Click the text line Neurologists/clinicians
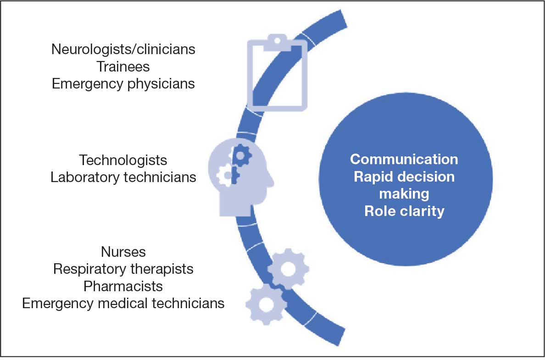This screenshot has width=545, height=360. [123, 49]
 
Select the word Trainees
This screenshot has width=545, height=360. [123, 66]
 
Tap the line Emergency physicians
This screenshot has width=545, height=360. [123, 84]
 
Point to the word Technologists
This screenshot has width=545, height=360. [123, 160]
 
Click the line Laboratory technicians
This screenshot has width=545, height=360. [123, 177]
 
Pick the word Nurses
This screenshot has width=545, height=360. [123, 252]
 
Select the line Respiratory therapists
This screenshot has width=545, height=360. [123, 269]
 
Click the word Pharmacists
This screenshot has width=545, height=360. [123, 286]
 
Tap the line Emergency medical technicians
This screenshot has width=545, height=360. [123, 304]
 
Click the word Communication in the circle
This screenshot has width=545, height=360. [404, 159]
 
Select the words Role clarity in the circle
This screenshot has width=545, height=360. [404, 211]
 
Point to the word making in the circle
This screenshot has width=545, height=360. [404, 194]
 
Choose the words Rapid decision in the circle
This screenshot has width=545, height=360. [404, 177]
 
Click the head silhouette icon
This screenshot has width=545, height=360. [239, 179]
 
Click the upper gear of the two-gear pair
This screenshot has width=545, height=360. [288, 269]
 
